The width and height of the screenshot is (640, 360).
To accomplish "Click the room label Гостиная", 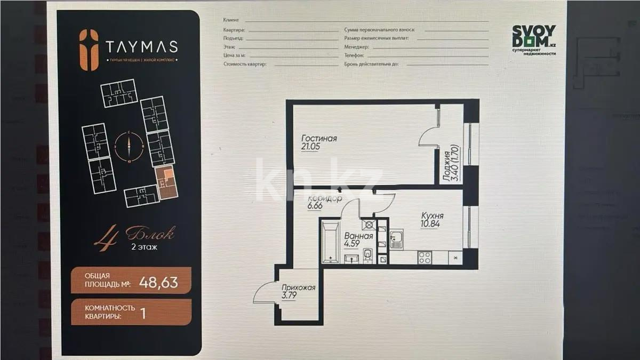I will [319, 139].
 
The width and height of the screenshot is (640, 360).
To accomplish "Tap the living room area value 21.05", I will [310, 147].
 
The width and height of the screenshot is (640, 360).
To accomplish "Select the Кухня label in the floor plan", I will [431, 216].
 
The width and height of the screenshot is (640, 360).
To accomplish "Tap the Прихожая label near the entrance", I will [299, 287].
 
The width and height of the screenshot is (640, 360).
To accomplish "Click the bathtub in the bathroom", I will [330, 243].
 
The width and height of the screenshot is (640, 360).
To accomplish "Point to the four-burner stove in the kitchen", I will [425, 257].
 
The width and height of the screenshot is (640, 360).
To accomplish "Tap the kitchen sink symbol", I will [396, 240].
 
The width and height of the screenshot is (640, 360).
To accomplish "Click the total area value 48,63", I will [158, 281].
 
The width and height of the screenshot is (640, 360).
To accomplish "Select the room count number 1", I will [142, 312].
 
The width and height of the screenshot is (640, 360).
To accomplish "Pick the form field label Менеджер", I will [357, 47].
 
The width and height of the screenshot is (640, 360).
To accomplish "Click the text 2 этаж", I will [143, 246].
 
